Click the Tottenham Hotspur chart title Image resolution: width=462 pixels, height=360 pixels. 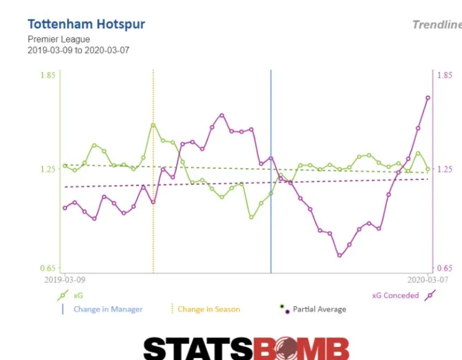86,25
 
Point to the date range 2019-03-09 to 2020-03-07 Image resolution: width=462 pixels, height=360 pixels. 78,51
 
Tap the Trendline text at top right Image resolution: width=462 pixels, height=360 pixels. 436,25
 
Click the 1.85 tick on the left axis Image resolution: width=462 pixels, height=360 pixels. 48,75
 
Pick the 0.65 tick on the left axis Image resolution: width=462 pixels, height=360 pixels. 48,268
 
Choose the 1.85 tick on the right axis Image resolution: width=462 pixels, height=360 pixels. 444,75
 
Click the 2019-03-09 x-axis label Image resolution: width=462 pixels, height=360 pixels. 65,279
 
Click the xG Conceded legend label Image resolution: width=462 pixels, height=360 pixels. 395,295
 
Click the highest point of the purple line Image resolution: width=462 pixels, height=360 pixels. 428,97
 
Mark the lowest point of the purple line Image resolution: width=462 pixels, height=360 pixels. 339,255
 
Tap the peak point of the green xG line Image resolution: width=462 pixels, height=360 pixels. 153,125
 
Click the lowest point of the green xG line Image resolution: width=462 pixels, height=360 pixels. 251,217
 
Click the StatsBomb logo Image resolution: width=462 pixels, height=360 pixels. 246,348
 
